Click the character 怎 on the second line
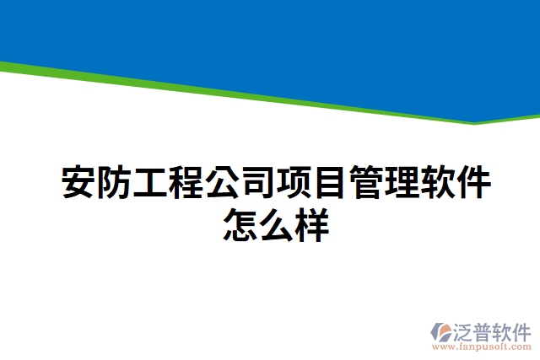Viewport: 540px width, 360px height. coord(240,225)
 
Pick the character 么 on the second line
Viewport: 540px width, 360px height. coord(276,225)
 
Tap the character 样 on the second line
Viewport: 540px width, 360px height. coord(311,225)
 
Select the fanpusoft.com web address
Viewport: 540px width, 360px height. coord(482,346)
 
